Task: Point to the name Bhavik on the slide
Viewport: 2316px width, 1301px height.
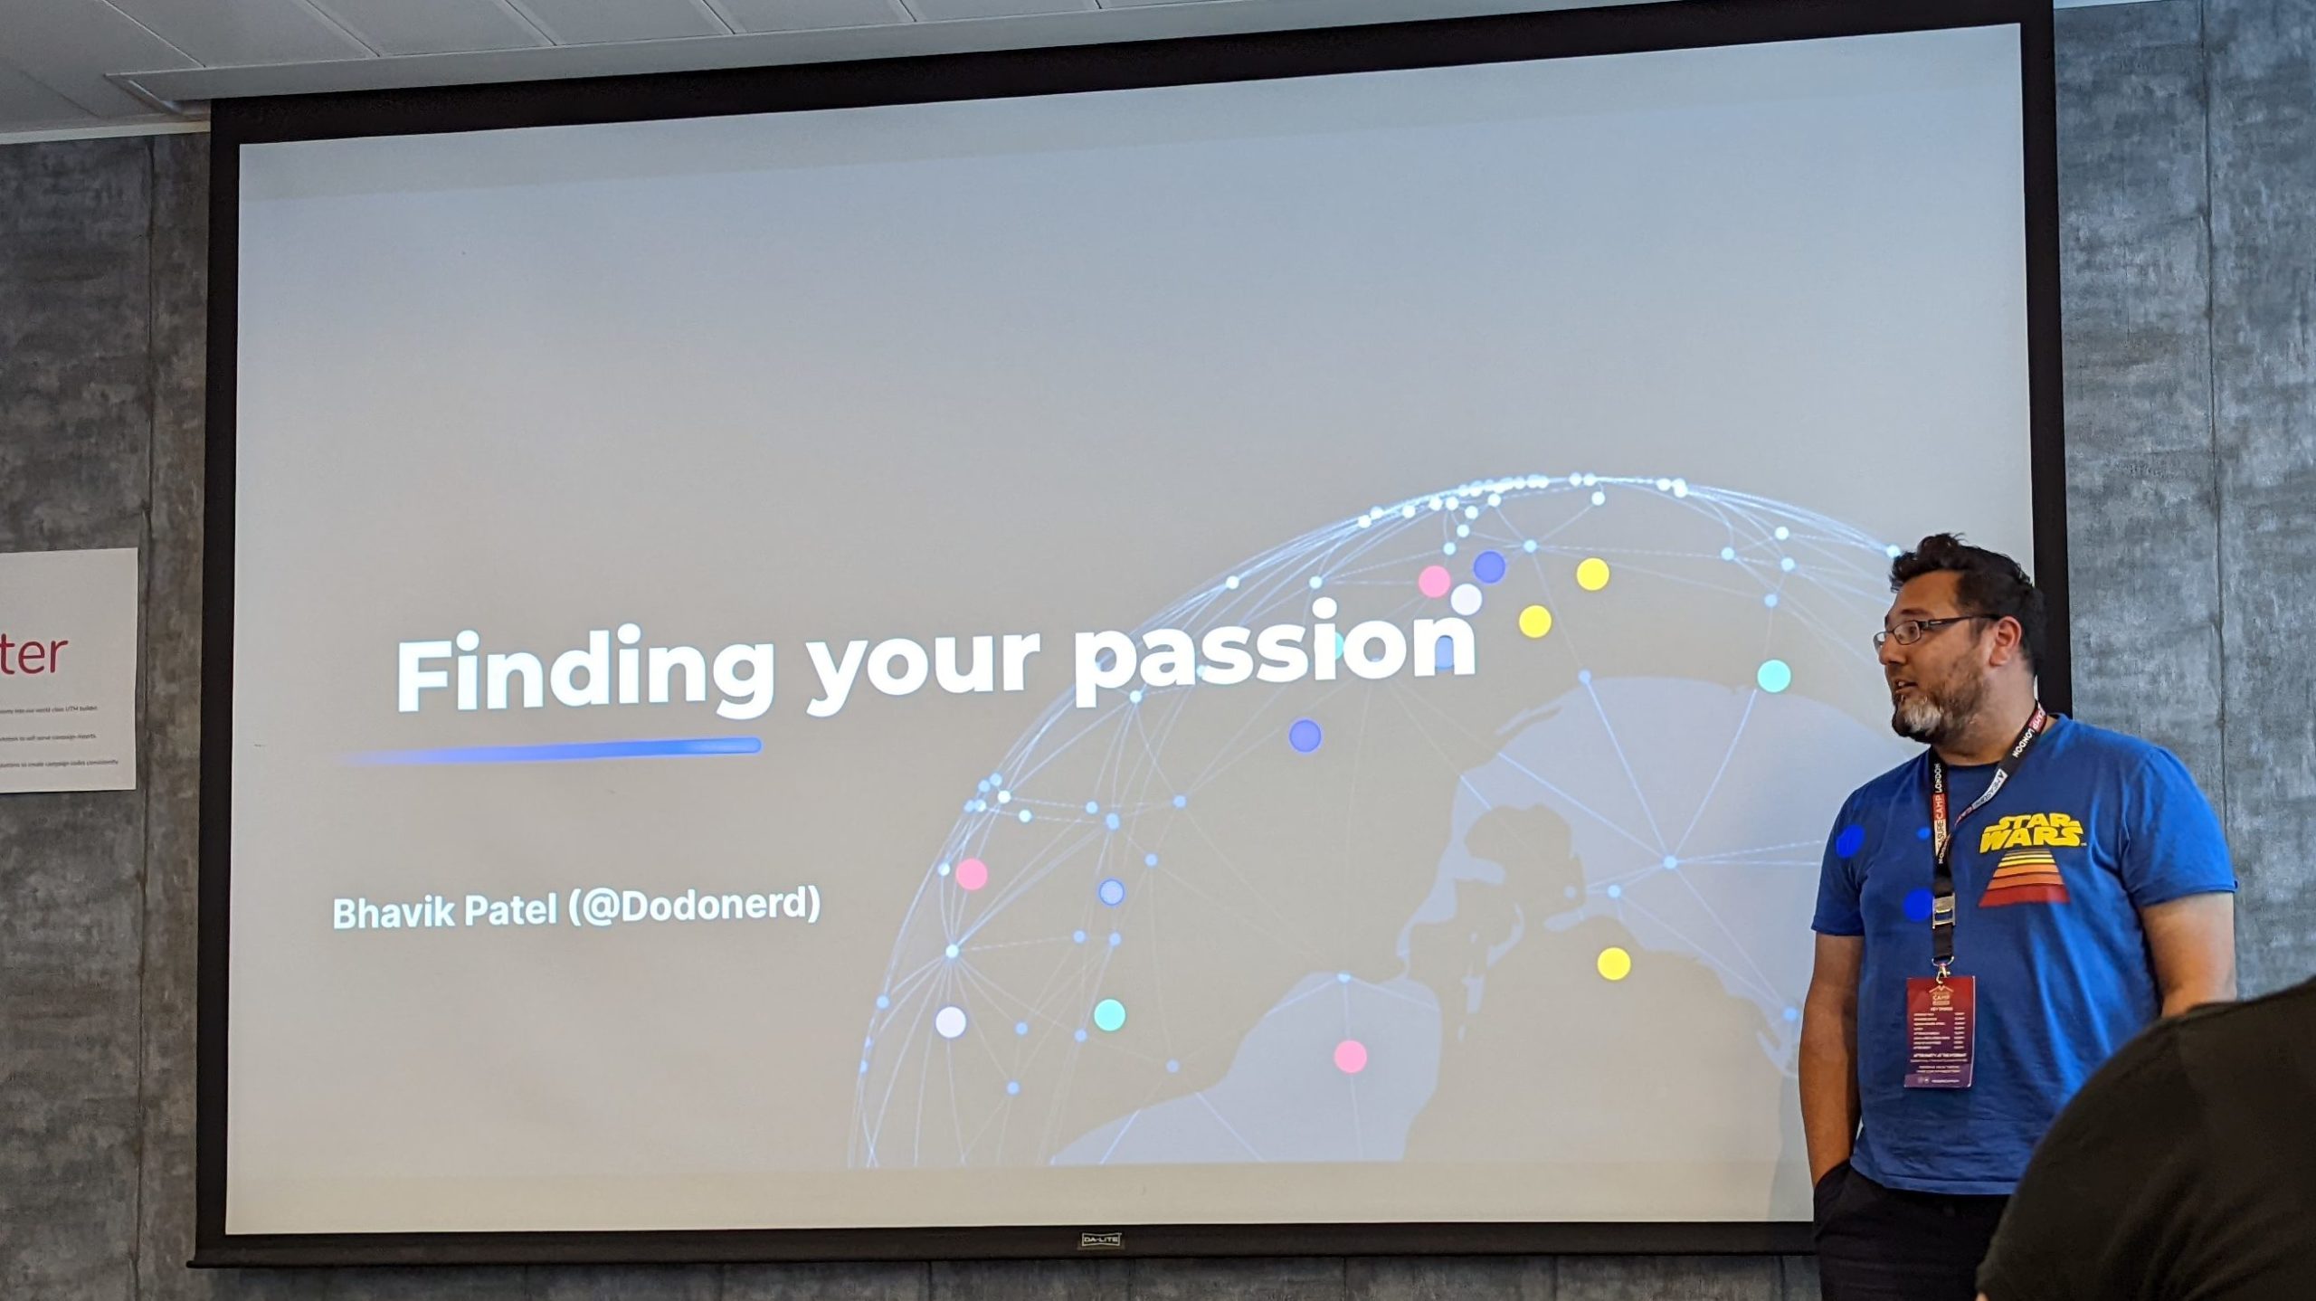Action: [394, 912]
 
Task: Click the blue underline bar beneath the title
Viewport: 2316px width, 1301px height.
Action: [552, 748]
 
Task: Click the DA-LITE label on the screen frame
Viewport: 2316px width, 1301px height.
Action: [1101, 1239]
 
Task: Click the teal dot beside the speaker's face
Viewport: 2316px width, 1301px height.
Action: [1773, 676]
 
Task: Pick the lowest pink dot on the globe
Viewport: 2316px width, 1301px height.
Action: [1350, 1056]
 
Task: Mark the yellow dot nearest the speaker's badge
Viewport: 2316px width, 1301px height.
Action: [1613, 964]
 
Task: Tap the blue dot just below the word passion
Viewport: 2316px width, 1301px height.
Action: [1305, 736]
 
